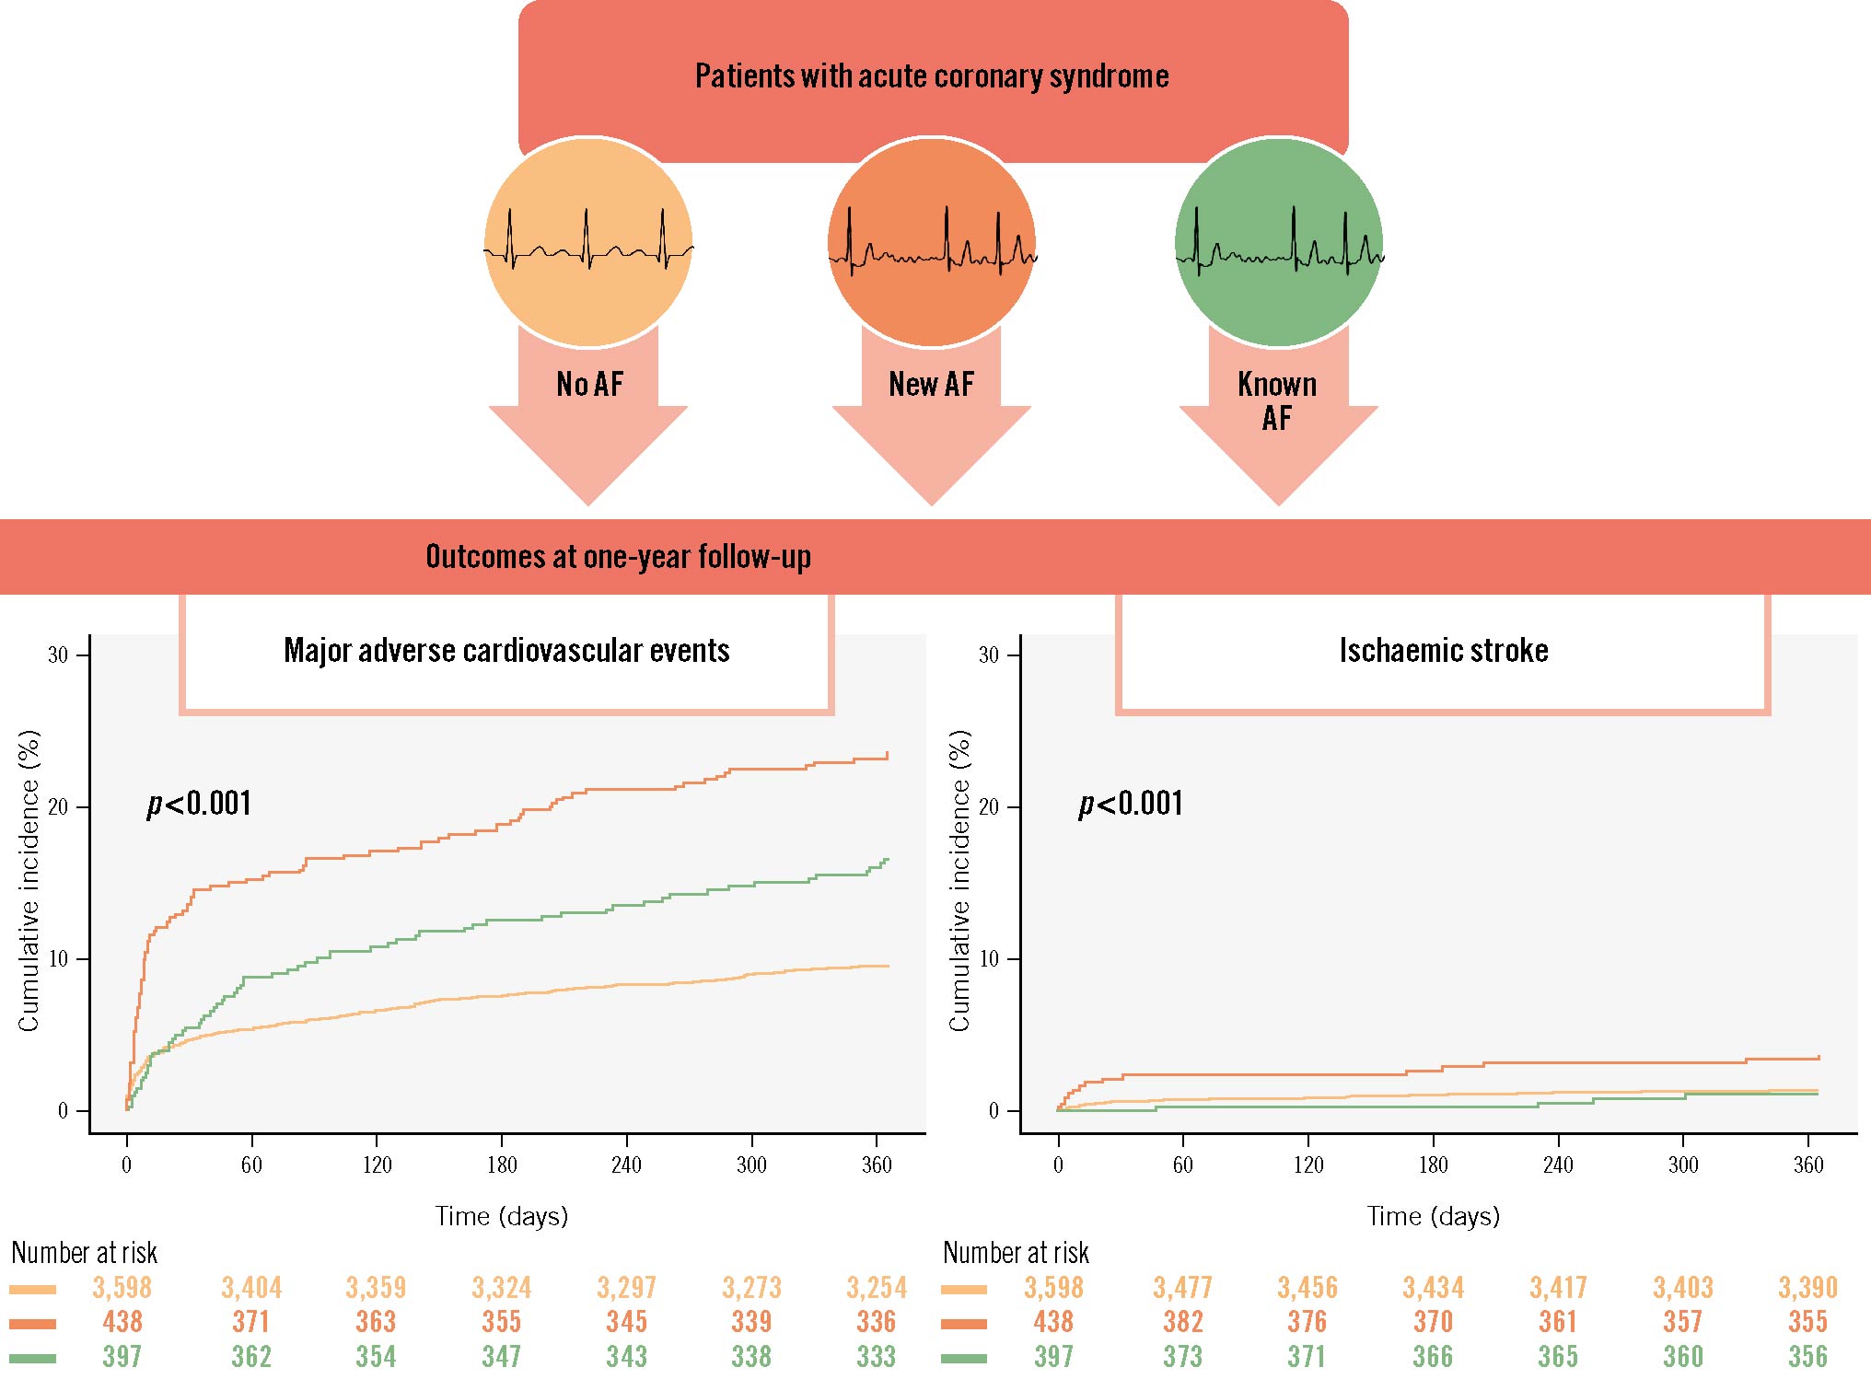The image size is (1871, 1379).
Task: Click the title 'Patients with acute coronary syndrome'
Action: coord(932,76)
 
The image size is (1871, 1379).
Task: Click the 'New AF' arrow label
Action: coord(931,384)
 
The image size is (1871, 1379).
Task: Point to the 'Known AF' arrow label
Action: coord(1277,400)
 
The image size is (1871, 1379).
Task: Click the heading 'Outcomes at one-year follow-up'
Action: coord(618,557)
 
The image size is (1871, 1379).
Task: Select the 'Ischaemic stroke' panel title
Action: coord(1443,651)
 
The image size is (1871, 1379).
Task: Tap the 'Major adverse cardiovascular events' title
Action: coord(506,651)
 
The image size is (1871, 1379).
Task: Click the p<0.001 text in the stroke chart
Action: coord(1131,804)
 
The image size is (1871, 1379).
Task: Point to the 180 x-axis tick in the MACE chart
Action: coord(502,1165)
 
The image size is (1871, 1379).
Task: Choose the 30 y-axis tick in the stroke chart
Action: coord(988,655)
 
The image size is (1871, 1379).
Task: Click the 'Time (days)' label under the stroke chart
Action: coord(1433,1217)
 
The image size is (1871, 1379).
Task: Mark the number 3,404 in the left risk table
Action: coord(251,1287)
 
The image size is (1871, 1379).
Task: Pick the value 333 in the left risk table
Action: coord(876,1356)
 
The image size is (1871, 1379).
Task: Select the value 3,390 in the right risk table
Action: coord(1807,1287)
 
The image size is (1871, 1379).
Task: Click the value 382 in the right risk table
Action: coord(1182,1322)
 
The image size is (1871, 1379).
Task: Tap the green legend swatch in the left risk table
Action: coord(33,1358)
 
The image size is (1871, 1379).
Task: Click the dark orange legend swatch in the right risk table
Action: coord(964,1324)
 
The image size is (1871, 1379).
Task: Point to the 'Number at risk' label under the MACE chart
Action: coord(84,1253)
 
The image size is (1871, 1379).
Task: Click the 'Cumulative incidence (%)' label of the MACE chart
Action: coord(29,881)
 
